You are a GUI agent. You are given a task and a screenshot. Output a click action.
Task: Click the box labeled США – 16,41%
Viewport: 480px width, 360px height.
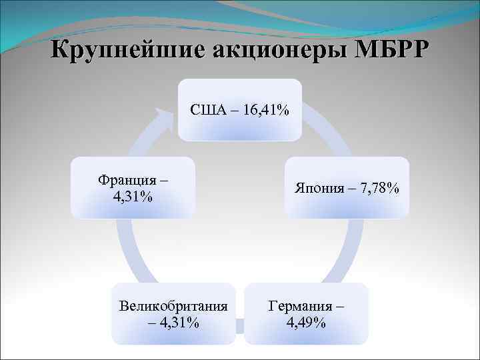239,109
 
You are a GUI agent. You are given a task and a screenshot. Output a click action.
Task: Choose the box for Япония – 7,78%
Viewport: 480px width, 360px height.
347,188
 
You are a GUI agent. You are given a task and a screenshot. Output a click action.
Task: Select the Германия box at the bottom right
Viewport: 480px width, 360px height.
306,313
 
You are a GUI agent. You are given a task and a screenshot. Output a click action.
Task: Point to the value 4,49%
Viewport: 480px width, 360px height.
306,323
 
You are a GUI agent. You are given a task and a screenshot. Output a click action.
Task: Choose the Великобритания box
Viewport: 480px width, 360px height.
173,313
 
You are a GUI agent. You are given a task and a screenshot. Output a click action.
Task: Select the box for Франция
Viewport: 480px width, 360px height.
133,188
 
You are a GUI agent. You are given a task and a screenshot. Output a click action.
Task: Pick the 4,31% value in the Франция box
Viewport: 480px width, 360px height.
133,197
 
